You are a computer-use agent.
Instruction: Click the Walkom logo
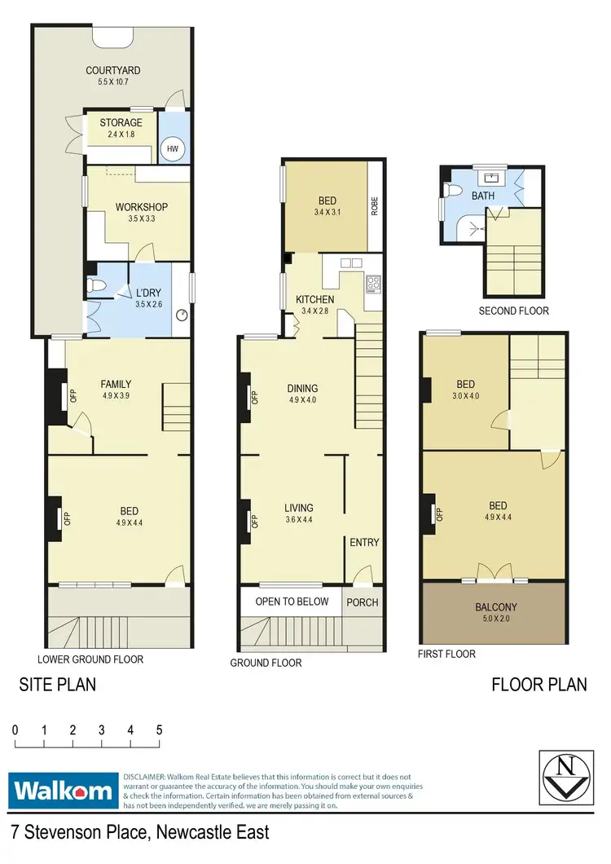(62, 790)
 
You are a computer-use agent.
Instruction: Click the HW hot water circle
(174, 148)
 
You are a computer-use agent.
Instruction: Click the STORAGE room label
(121, 123)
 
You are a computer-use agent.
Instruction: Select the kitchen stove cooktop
(374, 284)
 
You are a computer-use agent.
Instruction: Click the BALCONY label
(496, 607)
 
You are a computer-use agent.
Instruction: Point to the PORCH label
(363, 602)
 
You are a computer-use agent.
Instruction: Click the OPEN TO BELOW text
(292, 602)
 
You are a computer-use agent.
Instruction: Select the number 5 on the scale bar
(159, 730)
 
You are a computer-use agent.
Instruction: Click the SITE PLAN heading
(57, 685)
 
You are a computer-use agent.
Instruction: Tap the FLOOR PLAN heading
(538, 685)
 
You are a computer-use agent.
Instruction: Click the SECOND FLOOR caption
(513, 311)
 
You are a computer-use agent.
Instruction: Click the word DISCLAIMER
(143, 778)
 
